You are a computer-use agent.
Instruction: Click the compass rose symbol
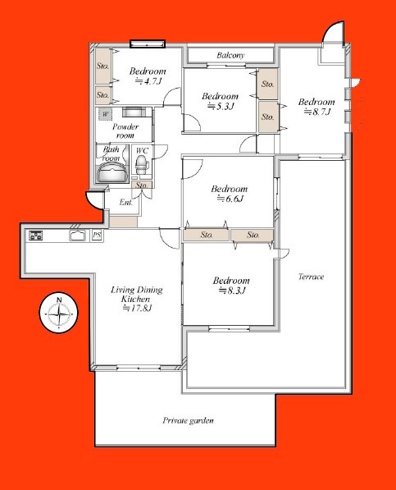coord(59,313)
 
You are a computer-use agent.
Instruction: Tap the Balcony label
coord(230,55)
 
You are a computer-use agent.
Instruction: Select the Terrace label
coord(311,277)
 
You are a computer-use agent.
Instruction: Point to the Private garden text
coord(189,420)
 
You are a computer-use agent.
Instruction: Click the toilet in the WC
coord(141,165)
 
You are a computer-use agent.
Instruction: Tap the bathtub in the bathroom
coord(112,173)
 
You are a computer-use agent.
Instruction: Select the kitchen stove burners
coord(35,236)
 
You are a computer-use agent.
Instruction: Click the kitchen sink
coord(77,236)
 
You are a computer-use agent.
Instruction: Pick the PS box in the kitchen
coord(97,235)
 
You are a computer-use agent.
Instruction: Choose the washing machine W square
coord(105,114)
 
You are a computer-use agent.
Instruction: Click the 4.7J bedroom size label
coord(148,81)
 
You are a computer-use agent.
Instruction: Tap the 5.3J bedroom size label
coord(221,107)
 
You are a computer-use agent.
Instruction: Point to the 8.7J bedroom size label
coord(317,112)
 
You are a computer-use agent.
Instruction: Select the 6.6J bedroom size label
coord(230,199)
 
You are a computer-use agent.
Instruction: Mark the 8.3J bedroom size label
coord(232,291)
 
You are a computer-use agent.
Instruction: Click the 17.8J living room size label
coord(137,308)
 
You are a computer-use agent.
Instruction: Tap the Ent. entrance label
coord(125,203)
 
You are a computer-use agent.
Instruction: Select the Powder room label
coord(125,131)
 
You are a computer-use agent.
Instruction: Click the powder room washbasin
coord(134,112)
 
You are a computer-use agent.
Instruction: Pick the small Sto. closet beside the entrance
coord(142,185)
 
